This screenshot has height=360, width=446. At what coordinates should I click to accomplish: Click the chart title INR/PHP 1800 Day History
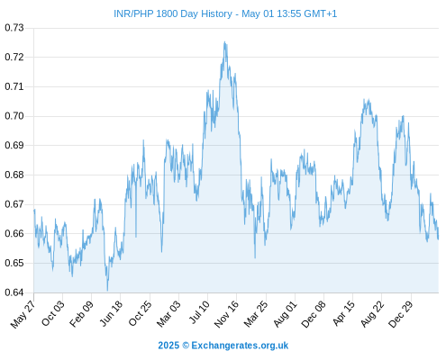click(x=173, y=13)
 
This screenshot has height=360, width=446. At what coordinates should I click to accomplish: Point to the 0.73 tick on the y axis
click(x=14, y=28)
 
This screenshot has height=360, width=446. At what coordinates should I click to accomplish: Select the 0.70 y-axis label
click(x=14, y=116)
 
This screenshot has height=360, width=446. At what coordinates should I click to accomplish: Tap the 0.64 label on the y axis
click(x=14, y=292)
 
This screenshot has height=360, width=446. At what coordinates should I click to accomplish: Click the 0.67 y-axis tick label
click(x=14, y=204)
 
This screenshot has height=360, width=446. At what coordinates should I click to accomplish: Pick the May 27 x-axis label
click(x=23, y=314)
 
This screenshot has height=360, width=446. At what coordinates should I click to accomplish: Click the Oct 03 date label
click(x=53, y=313)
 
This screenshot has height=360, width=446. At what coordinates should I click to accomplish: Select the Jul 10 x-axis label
click(x=198, y=312)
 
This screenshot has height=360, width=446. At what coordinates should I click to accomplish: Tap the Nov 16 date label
click(x=226, y=314)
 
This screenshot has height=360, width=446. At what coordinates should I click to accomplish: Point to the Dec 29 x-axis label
click(x=401, y=314)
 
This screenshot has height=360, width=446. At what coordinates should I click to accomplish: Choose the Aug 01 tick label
click(x=285, y=313)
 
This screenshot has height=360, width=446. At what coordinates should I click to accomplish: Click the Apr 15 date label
click(x=343, y=313)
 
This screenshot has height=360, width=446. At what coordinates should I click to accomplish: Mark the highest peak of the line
click(x=224, y=42)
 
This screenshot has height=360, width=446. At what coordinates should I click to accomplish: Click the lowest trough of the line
click(x=107, y=291)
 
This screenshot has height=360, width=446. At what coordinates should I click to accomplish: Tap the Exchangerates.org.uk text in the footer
click(x=240, y=346)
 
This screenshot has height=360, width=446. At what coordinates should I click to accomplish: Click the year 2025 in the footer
click(x=168, y=346)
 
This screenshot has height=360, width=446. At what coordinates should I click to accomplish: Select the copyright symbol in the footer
click(x=186, y=346)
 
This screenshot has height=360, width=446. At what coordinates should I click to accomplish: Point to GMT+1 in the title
click(x=321, y=13)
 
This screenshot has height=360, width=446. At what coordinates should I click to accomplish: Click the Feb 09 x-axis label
click(x=81, y=313)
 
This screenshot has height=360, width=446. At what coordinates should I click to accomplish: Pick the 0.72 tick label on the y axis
click(x=14, y=57)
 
